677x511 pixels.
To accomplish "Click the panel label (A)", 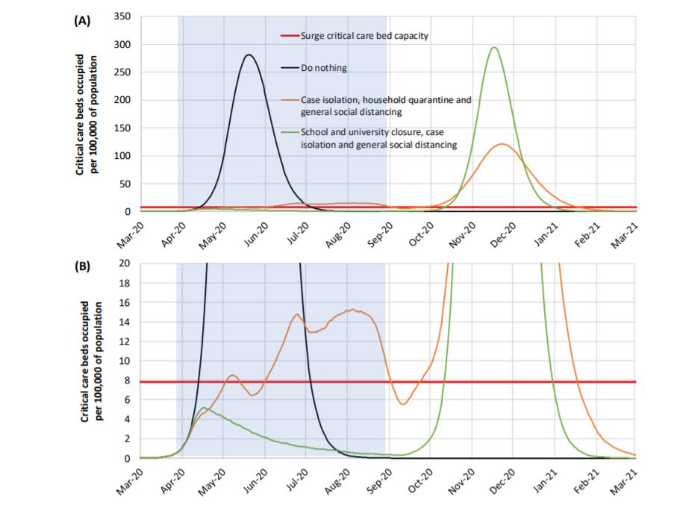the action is [x=82, y=21].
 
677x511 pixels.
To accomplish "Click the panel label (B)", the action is [x=82, y=266].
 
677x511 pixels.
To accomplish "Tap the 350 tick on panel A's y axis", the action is [x=122, y=16].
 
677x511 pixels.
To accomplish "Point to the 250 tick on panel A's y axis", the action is [x=122, y=72].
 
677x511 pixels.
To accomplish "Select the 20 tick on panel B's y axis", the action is [x=125, y=263].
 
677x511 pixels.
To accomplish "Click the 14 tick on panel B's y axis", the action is [x=125, y=322].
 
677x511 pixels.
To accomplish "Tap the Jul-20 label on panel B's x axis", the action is [x=298, y=481].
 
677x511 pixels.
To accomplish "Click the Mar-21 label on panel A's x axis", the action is [x=624, y=235].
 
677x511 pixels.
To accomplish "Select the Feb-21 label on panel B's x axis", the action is [x=586, y=482].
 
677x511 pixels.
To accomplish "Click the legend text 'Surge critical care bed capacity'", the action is [x=364, y=36].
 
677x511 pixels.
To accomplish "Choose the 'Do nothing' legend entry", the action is [x=324, y=68].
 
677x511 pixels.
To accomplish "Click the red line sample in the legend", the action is [x=290, y=35].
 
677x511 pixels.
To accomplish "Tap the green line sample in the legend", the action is [x=290, y=132].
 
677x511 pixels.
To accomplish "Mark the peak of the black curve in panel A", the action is [x=249, y=54].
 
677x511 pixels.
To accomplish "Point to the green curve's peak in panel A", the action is [x=494, y=48].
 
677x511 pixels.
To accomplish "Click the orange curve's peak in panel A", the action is [x=502, y=144].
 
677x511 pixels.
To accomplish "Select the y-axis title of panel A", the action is [x=87, y=114].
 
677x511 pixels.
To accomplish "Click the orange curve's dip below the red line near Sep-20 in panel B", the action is [x=403, y=404].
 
